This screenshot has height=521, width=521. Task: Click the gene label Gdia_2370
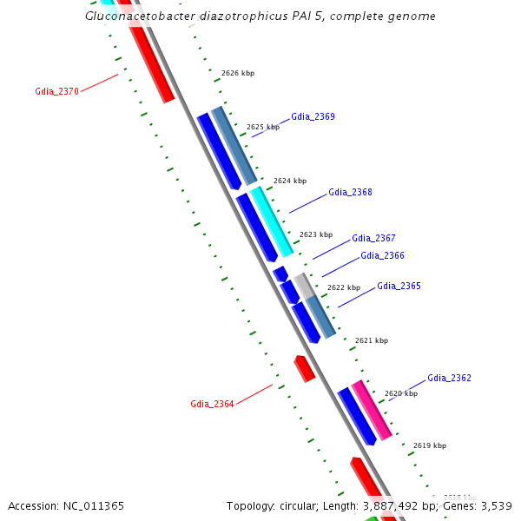pyautogui.click(x=56, y=91)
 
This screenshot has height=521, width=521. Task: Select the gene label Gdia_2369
pyautogui.click(x=313, y=116)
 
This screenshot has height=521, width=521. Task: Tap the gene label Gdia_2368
pyautogui.click(x=350, y=192)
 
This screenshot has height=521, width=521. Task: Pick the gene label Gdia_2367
pyautogui.click(x=373, y=238)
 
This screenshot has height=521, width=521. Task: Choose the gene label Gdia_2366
pyautogui.click(x=382, y=255)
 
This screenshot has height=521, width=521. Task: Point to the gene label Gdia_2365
pyautogui.click(x=399, y=286)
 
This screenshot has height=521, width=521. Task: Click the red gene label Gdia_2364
pyautogui.click(x=212, y=404)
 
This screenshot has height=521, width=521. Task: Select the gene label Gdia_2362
pyautogui.click(x=449, y=378)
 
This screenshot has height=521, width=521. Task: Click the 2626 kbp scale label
pyautogui.click(x=238, y=74)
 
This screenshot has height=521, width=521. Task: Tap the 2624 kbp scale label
pyautogui.click(x=290, y=181)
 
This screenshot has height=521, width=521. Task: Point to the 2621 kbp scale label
pyautogui.click(x=372, y=340)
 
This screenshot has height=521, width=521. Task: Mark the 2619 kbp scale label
pyautogui.click(x=429, y=445)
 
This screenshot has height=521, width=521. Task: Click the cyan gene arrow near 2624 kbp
pyautogui.click(x=272, y=221)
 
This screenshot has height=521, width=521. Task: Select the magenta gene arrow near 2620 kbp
pyautogui.click(x=371, y=409)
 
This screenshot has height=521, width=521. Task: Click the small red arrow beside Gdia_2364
pyautogui.click(x=304, y=368)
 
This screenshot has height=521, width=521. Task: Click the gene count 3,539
pyautogui.click(x=496, y=505)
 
